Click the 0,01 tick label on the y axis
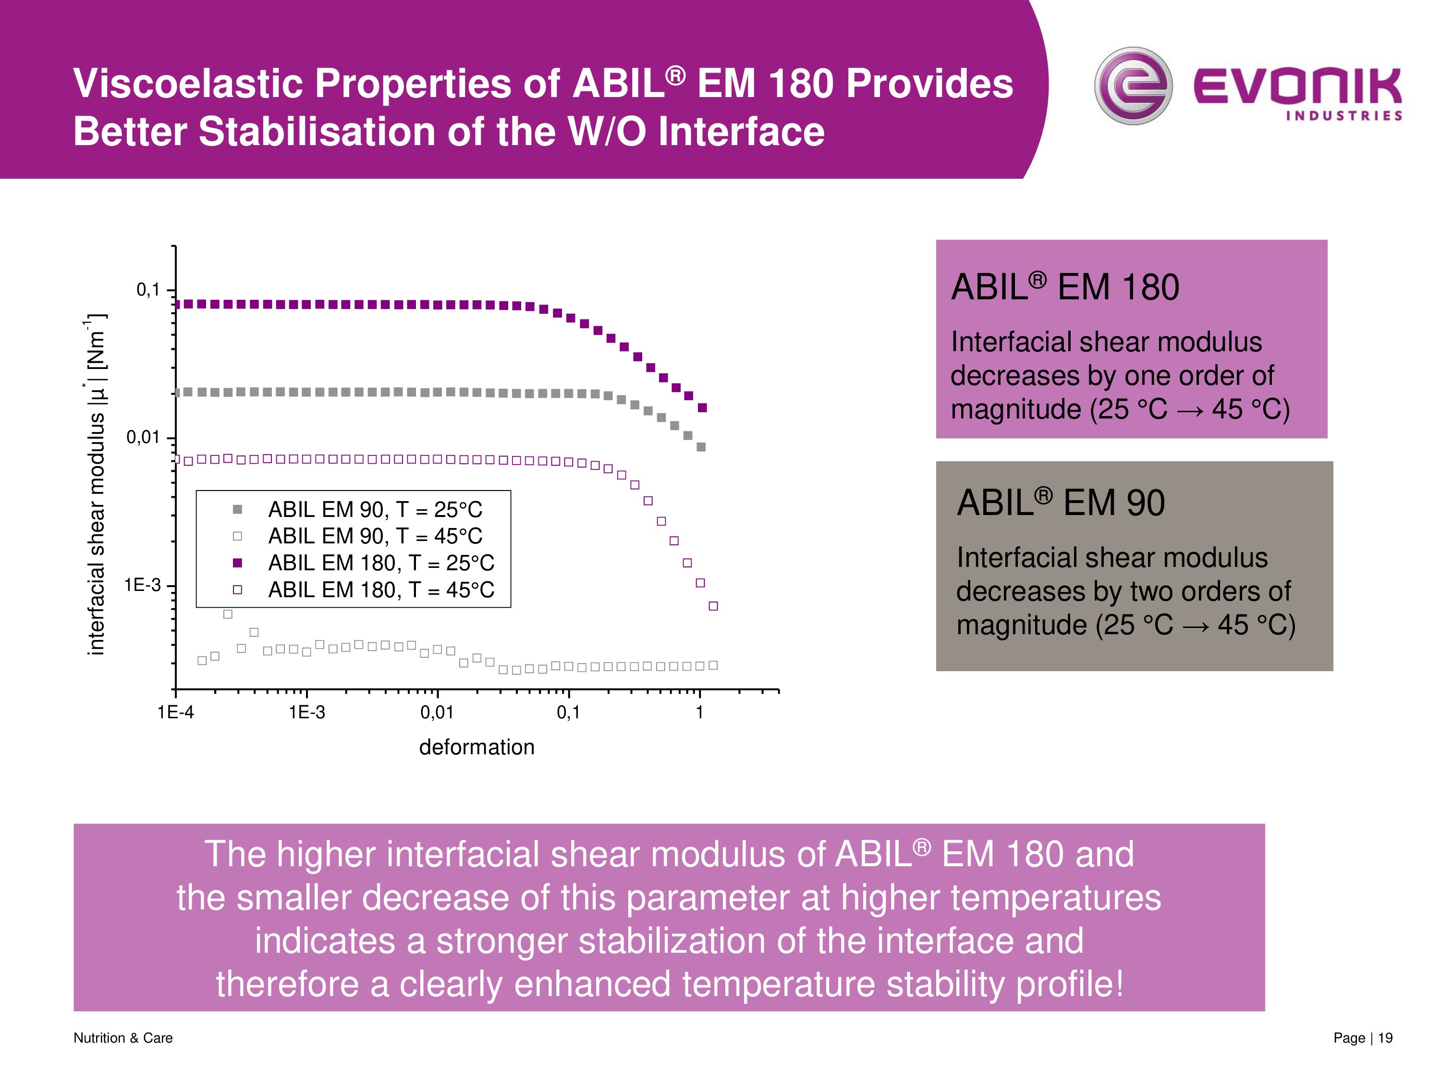(x=143, y=437)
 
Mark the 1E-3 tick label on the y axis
(x=142, y=585)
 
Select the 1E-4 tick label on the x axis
(x=175, y=712)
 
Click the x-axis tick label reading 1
(x=700, y=712)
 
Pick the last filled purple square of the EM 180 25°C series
(x=702, y=408)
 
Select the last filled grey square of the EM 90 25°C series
(x=701, y=447)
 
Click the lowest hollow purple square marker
(x=713, y=606)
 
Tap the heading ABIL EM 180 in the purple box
(x=1064, y=287)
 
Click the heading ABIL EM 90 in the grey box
(x=1060, y=503)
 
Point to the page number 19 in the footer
(x=1385, y=1037)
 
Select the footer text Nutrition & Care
(x=123, y=1037)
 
